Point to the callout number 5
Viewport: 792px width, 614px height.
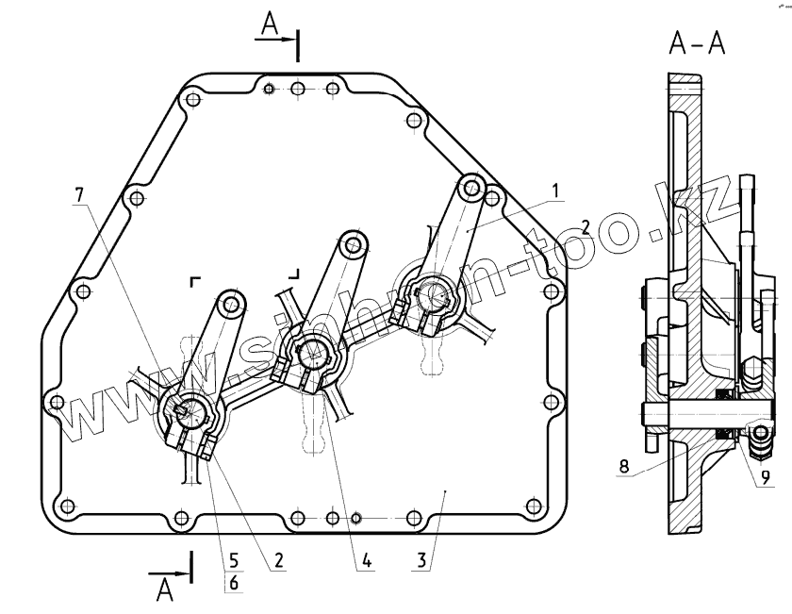click(x=232, y=559)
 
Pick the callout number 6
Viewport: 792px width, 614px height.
click(x=232, y=584)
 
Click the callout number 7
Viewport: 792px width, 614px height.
click(x=79, y=194)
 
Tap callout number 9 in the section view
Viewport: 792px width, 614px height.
click(x=766, y=477)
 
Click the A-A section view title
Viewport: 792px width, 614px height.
click(x=696, y=42)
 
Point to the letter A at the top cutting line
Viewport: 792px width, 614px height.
click(x=269, y=26)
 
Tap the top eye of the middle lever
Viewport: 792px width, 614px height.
click(x=355, y=243)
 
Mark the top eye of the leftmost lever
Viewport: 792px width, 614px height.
click(x=231, y=302)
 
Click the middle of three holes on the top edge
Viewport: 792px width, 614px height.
click(x=298, y=90)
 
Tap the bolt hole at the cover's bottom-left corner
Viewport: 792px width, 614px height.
click(x=67, y=506)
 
